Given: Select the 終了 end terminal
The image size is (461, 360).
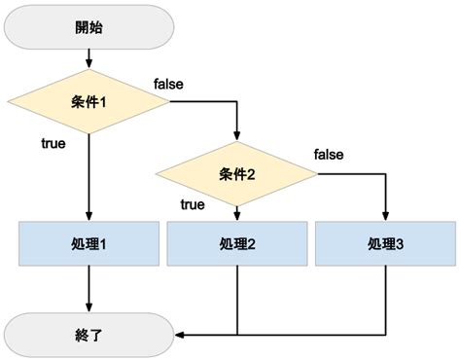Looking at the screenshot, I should coord(89,336).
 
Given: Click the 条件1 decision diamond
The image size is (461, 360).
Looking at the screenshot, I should coord(89,101).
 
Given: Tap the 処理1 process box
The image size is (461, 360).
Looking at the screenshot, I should coord(89,244).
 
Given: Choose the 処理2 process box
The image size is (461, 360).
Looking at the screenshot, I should coord(237,244).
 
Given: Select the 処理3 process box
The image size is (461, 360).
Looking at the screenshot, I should coord(385,244).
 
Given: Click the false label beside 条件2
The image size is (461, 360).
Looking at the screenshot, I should coord(328,155).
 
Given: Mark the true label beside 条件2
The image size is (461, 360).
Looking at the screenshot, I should coord(193,204).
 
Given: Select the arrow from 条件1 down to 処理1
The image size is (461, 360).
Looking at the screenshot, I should coord(89,175).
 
